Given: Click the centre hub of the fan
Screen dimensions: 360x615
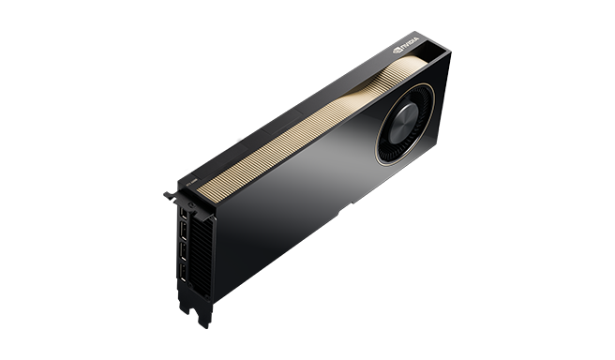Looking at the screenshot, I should coord(406,122).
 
